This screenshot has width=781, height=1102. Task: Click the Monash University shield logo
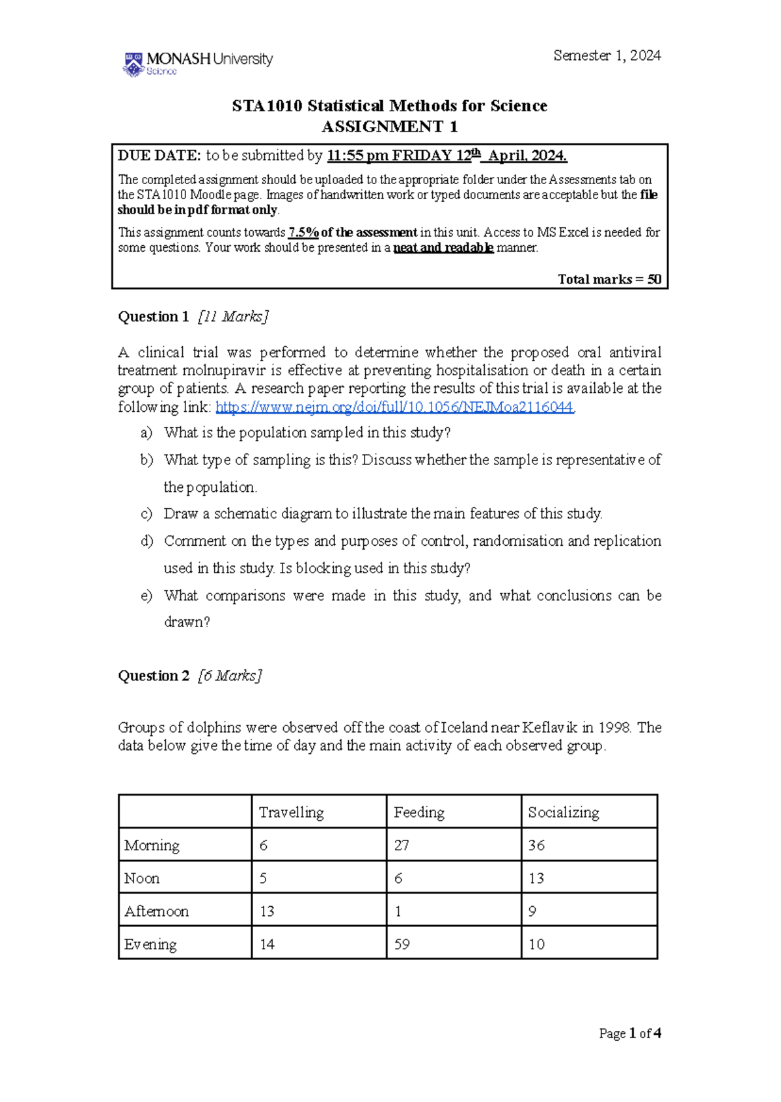(133, 64)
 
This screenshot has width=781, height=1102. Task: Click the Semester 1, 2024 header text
(607, 56)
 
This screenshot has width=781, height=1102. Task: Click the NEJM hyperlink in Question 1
(394, 407)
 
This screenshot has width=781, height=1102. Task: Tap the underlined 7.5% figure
(303, 232)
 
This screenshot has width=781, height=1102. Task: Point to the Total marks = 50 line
(609, 279)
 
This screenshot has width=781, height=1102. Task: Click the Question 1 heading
(153, 317)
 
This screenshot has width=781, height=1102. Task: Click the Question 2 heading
(154, 676)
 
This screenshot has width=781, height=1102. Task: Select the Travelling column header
(291, 813)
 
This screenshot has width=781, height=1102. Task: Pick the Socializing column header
(563, 813)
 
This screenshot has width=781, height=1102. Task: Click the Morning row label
(152, 846)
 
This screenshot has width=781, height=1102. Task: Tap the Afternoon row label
(156, 911)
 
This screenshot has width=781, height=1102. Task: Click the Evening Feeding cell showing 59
(402, 945)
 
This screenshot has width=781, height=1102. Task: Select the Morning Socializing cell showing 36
(536, 846)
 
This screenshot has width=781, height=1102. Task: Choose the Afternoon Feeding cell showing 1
(398, 911)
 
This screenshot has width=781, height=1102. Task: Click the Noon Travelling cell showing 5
(263, 879)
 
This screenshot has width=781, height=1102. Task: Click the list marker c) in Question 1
(146, 514)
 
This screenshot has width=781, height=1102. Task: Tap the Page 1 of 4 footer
(629, 1034)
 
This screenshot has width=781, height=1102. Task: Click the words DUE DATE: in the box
(159, 155)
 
